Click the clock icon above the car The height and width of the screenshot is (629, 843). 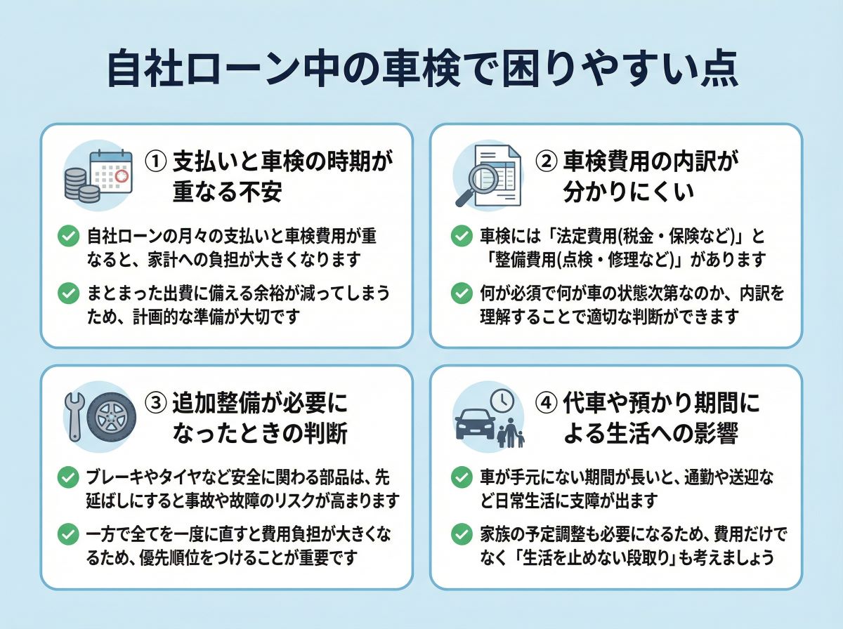click(x=502, y=400)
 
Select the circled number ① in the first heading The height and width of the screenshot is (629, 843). click(x=155, y=161)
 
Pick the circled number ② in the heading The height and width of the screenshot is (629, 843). click(x=547, y=161)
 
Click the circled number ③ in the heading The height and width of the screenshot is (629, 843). click(x=155, y=403)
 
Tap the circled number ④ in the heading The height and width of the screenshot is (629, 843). click(x=547, y=403)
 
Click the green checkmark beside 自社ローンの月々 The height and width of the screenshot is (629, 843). click(x=68, y=236)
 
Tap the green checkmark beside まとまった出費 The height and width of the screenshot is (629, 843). click(x=68, y=293)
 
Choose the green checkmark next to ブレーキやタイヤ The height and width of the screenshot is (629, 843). click(x=68, y=478)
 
